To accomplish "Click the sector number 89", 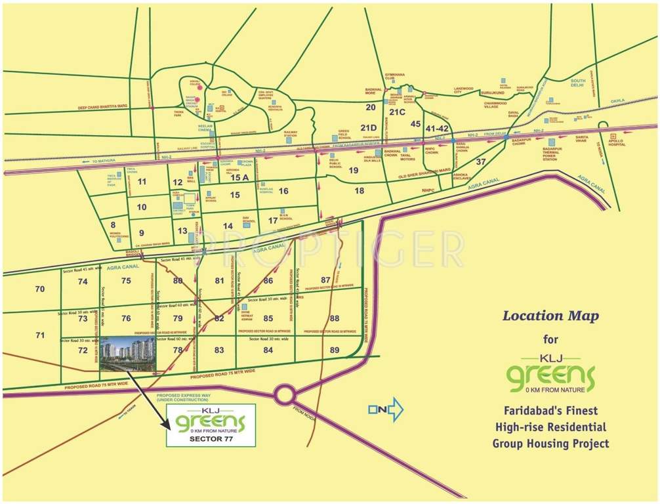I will pyautogui.click(x=335, y=350).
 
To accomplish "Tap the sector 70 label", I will pyautogui.click(x=40, y=289).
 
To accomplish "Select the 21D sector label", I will pyautogui.click(x=369, y=127).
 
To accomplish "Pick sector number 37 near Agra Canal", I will pyautogui.click(x=481, y=161).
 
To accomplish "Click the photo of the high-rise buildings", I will pyautogui.click(x=127, y=348).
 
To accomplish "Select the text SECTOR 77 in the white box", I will pyautogui.click(x=210, y=440).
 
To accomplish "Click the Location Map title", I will pyautogui.click(x=550, y=316).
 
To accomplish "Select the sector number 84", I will pyautogui.click(x=268, y=350).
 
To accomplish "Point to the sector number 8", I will pyautogui.click(x=113, y=225).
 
